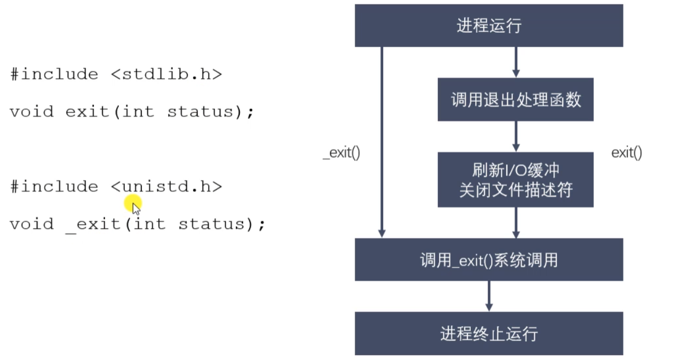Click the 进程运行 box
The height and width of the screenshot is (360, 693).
click(x=488, y=26)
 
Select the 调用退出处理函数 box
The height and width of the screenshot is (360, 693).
click(x=515, y=100)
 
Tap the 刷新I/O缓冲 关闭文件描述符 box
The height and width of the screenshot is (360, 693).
click(x=515, y=179)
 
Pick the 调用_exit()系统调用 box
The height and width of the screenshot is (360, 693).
click(x=488, y=260)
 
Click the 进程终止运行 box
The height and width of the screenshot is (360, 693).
click(x=488, y=333)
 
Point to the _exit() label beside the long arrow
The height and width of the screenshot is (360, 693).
click(x=342, y=153)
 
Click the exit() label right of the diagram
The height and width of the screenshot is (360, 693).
click(x=626, y=153)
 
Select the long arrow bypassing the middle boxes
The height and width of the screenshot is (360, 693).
click(x=382, y=142)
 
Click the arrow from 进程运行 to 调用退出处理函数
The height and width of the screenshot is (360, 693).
click(x=515, y=62)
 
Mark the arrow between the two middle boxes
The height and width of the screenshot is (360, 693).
click(x=515, y=136)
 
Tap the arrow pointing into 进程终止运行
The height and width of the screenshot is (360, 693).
click(x=488, y=296)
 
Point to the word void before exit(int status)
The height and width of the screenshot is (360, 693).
click(x=32, y=112)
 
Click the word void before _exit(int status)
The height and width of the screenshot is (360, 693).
click(x=32, y=224)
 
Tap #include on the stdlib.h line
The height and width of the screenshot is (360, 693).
click(x=54, y=74)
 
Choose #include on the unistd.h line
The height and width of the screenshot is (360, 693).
click(x=54, y=187)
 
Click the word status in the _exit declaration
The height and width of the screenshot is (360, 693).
click(x=211, y=224)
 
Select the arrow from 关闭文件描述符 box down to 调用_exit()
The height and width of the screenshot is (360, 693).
click(x=515, y=223)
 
